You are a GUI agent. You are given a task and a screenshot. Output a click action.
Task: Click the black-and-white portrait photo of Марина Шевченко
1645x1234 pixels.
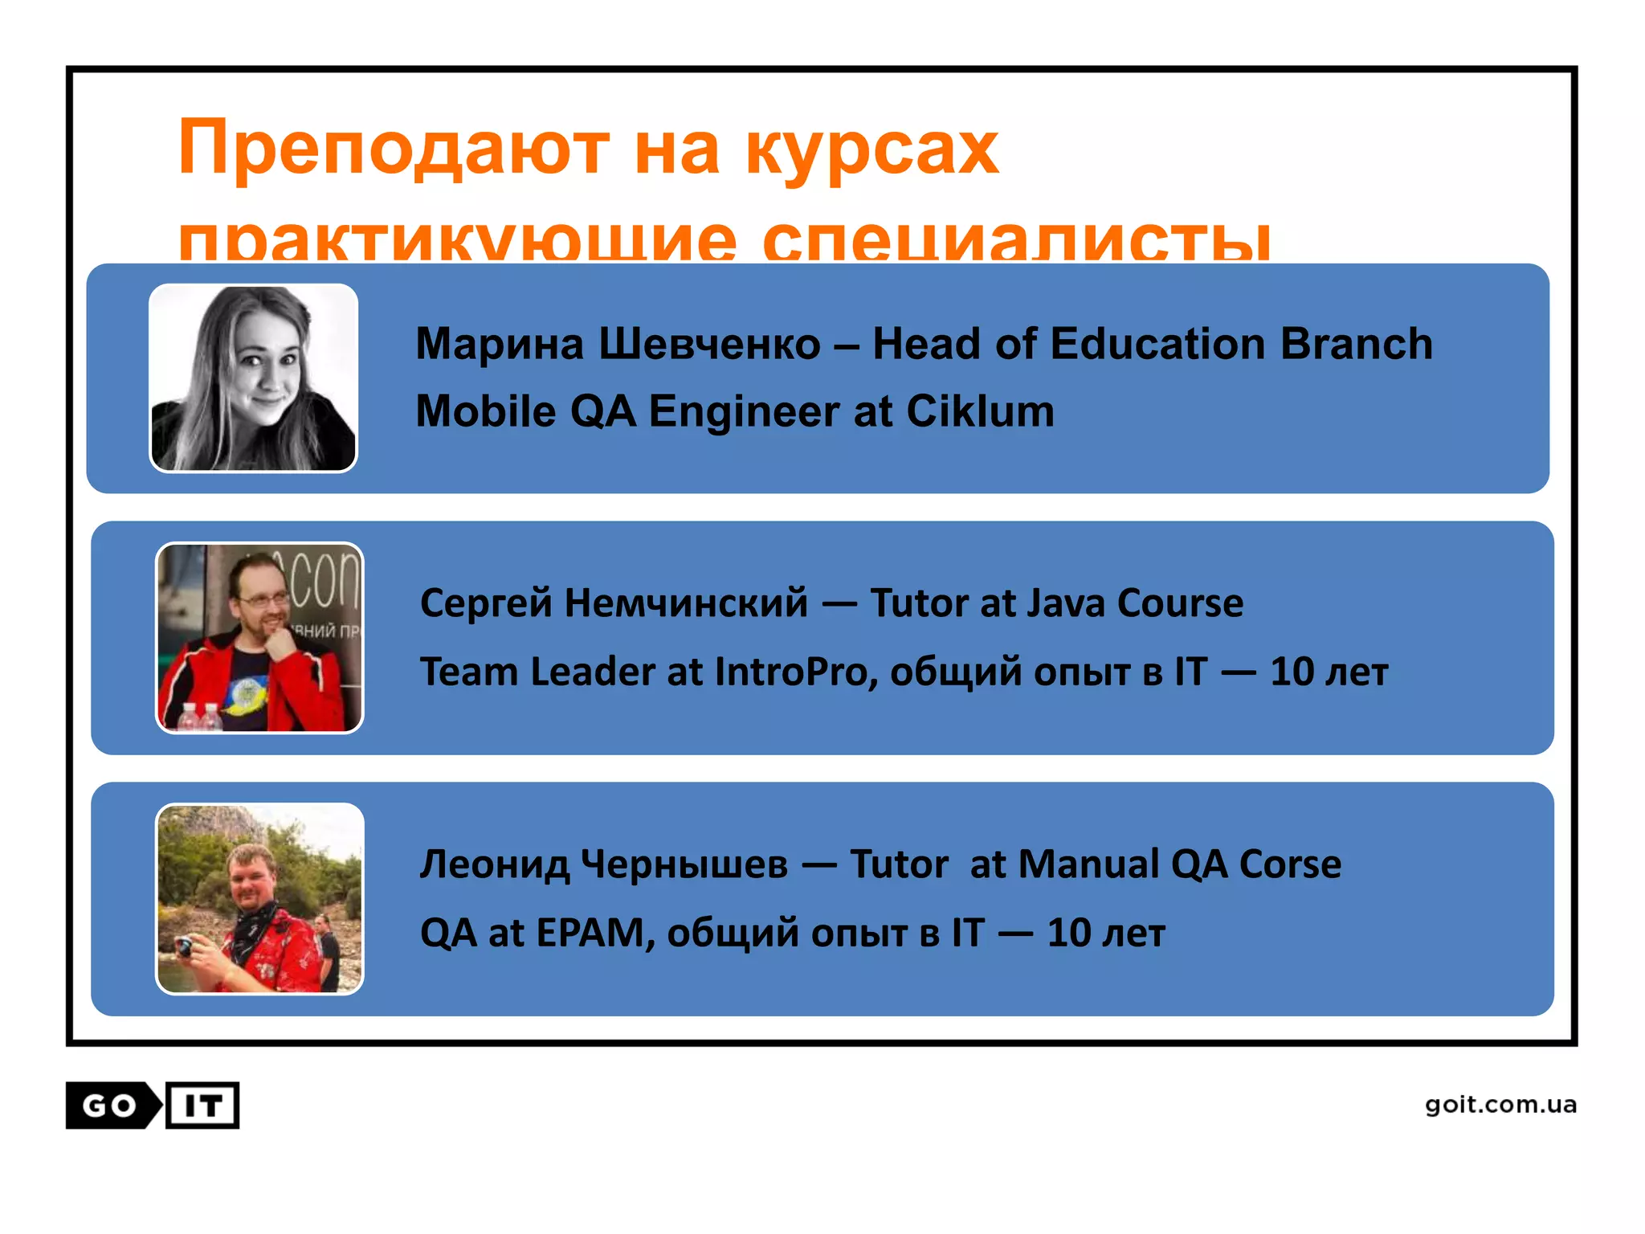click(x=254, y=378)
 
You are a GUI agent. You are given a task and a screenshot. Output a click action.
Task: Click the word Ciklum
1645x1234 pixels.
click(x=980, y=411)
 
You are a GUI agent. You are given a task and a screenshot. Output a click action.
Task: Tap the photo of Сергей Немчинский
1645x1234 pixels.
click(x=259, y=638)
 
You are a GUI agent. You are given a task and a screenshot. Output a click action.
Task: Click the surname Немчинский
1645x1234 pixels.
click(x=686, y=603)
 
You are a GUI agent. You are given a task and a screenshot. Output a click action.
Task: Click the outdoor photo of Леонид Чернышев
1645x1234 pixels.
click(x=259, y=898)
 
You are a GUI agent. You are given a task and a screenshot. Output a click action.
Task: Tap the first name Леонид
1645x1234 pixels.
click(x=494, y=864)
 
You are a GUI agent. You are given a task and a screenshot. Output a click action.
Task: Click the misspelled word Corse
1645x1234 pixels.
click(x=1290, y=864)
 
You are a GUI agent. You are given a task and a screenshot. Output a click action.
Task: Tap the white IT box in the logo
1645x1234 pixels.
click(x=202, y=1105)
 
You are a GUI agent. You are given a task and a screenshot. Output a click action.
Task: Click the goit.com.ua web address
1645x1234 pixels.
click(x=1500, y=1105)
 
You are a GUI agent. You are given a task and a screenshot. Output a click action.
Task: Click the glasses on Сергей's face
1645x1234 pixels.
click(x=262, y=599)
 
